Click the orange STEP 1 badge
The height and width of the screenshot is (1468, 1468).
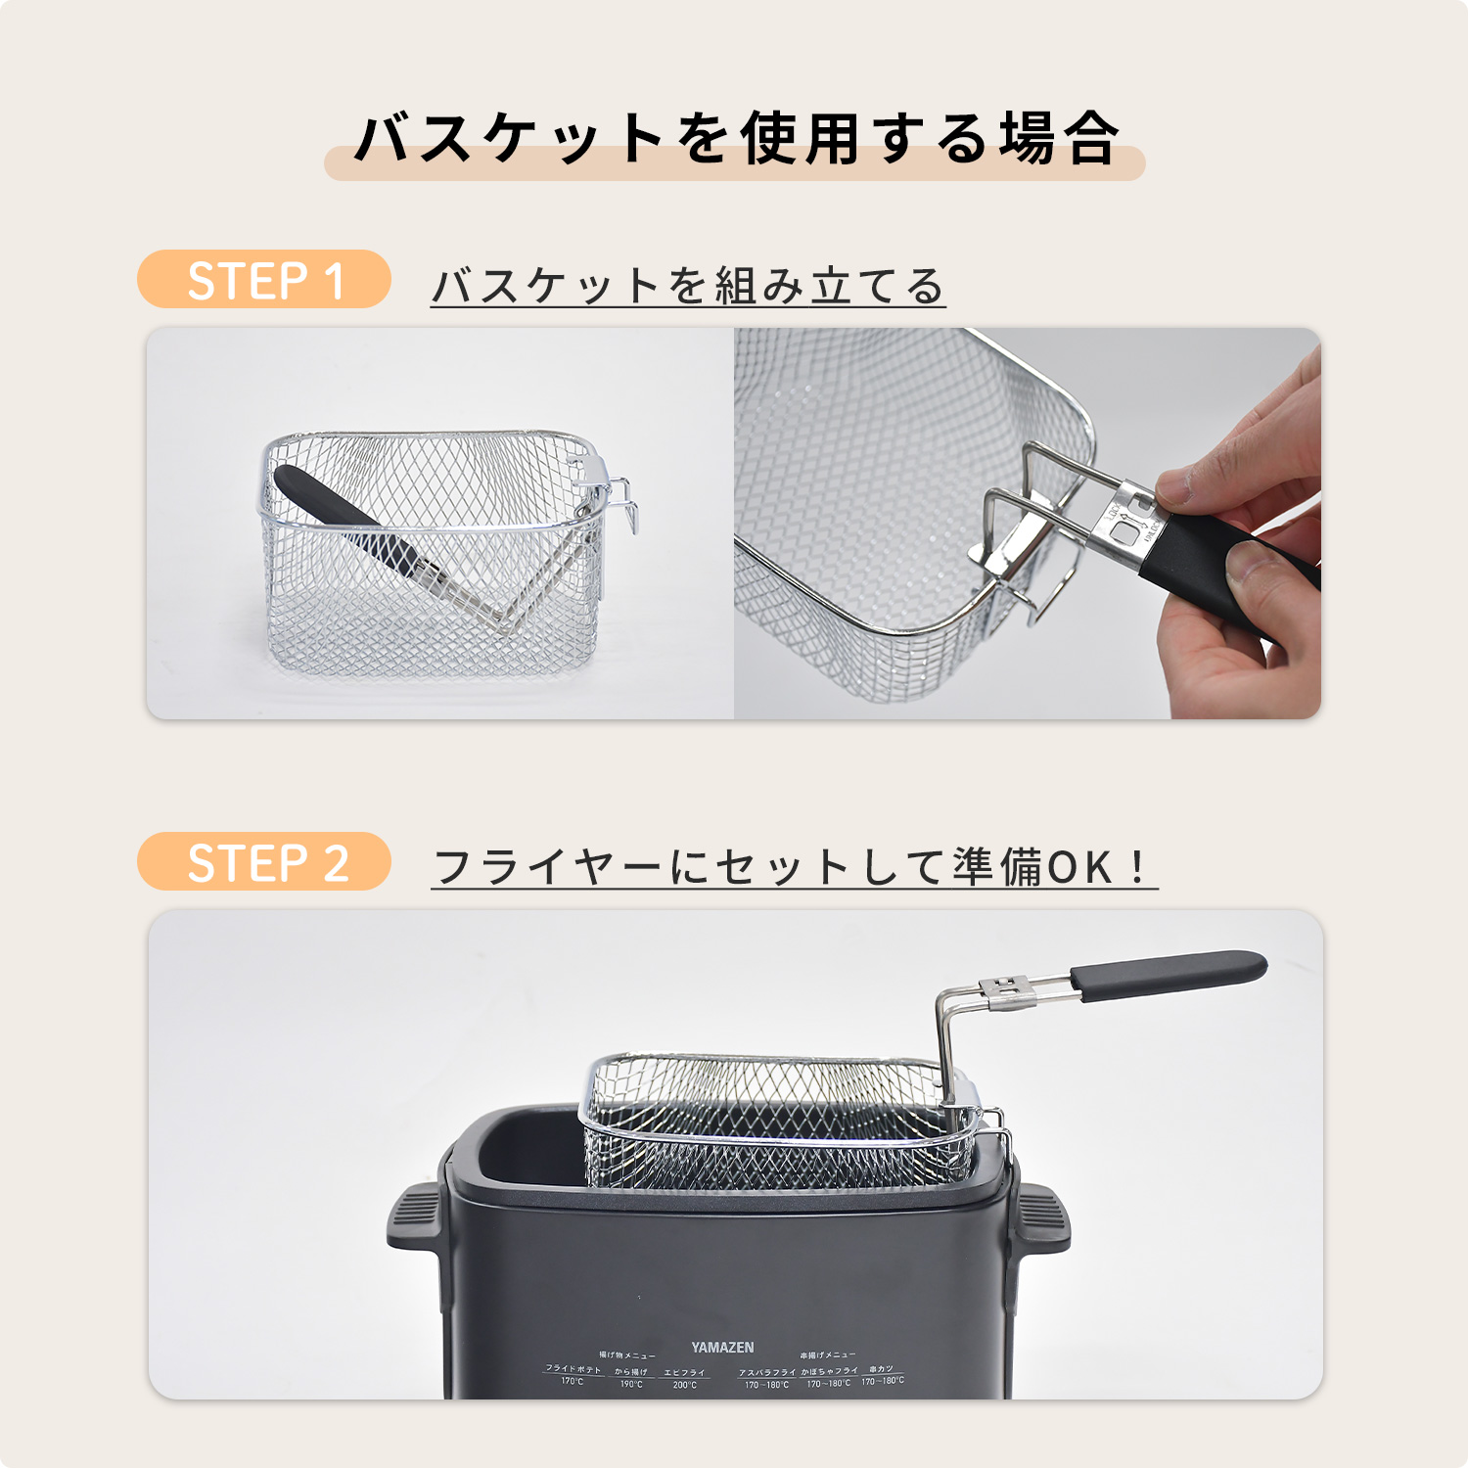click(264, 280)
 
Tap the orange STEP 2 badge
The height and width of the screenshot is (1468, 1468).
click(264, 862)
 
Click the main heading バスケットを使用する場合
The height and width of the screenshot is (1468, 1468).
click(734, 139)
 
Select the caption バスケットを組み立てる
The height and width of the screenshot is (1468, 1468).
click(688, 286)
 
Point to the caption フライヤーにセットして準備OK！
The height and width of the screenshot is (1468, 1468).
click(793, 867)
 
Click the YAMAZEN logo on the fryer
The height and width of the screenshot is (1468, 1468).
click(722, 1348)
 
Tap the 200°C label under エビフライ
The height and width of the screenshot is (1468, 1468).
click(685, 1385)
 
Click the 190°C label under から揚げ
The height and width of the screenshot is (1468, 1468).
click(631, 1384)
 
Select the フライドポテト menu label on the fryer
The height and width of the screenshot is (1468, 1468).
click(573, 1369)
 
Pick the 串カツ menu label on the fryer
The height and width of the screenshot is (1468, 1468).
click(881, 1369)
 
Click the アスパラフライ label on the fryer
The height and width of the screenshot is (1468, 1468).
click(766, 1372)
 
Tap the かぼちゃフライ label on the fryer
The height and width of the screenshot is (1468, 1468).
click(829, 1371)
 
